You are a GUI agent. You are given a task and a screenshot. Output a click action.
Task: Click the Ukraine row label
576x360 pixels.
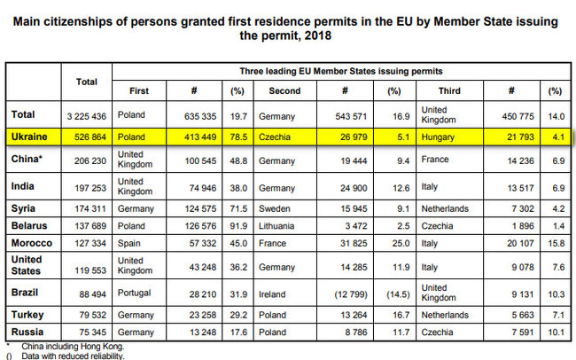(30, 137)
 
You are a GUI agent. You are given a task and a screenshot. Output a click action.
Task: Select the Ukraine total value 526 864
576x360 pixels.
(86, 137)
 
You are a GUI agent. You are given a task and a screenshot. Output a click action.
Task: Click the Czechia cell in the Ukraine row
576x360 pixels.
(277, 137)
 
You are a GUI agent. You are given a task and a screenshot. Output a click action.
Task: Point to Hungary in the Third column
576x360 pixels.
(461, 137)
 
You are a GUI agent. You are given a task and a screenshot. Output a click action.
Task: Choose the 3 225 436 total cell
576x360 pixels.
(86, 114)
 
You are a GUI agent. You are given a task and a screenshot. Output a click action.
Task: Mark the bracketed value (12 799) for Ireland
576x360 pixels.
(343, 292)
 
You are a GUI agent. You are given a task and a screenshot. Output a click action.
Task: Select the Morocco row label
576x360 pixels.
(31, 242)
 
